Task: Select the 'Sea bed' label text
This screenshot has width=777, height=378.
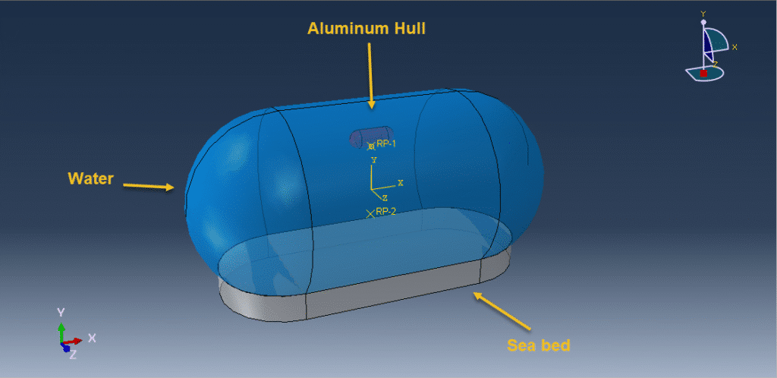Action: pos(538,345)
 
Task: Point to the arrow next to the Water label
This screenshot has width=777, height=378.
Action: pos(148,185)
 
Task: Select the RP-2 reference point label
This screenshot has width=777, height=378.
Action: pos(385,212)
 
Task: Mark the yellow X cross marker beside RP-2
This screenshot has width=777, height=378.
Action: pos(370,213)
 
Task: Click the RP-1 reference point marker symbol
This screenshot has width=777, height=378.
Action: pos(371,146)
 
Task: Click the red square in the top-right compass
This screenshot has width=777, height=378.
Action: pos(703,73)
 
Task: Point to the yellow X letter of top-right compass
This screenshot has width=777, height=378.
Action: pos(735,47)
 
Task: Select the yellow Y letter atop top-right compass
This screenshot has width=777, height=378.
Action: pos(703,14)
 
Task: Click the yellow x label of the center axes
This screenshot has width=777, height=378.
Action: pos(400,183)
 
